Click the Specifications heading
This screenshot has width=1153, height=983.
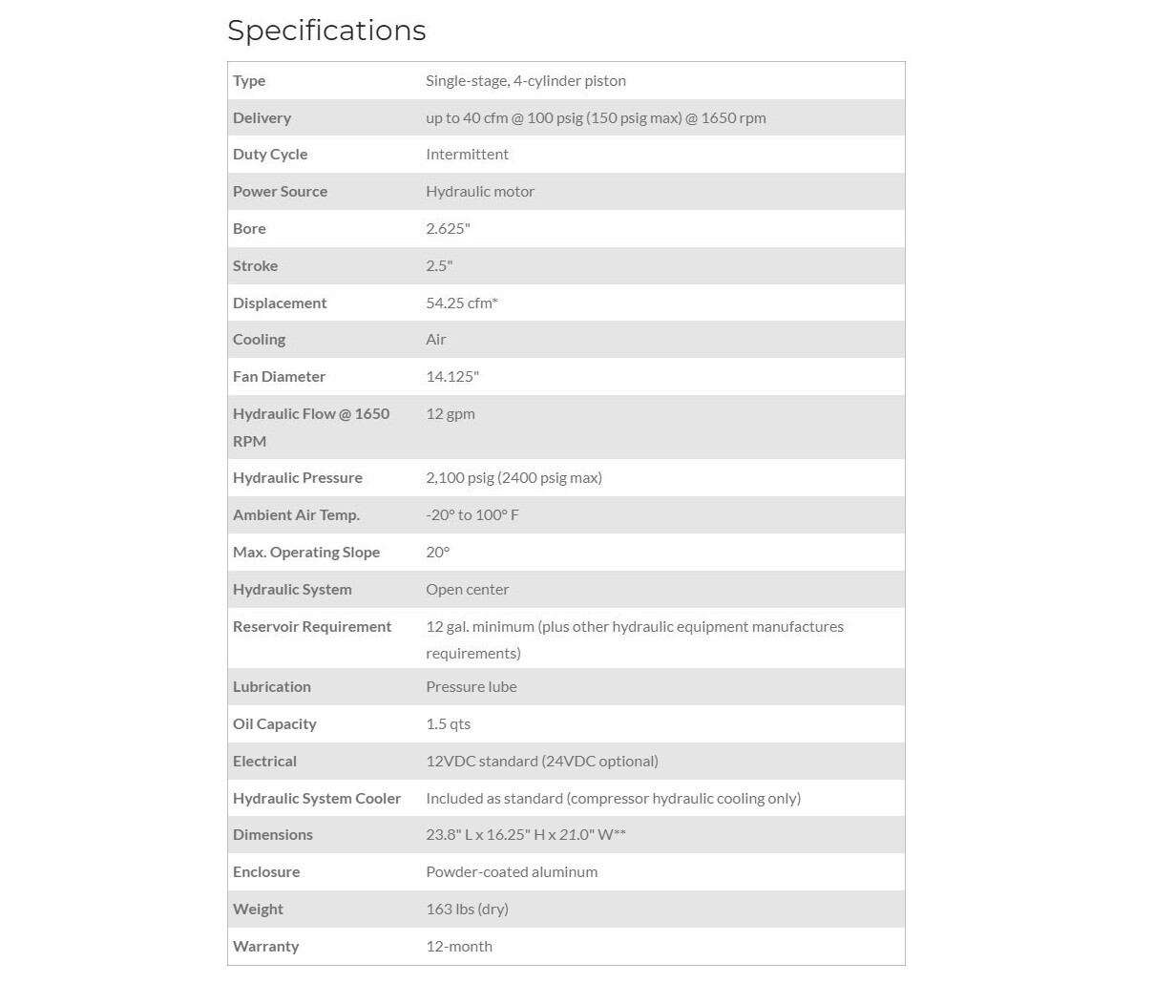[x=326, y=31]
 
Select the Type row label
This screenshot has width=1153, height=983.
[x=249, y=81]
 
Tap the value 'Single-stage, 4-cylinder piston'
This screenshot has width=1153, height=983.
[x=526, y=81]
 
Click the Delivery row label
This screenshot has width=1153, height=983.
[x=262, y=118]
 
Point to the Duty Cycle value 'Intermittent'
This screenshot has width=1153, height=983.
[x=467, y=155]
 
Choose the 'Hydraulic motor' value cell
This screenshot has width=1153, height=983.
[x=480, y=192]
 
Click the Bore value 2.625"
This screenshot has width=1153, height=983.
[x=448, y=229]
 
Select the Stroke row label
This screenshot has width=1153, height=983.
[x=255, y=266]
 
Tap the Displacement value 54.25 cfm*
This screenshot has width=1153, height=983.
[x=462, y=303]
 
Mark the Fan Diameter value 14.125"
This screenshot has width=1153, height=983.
[x=452, y=377]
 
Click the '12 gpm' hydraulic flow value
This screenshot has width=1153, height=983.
[x=451, y=414]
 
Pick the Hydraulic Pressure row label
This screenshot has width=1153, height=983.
[x=298, y=478]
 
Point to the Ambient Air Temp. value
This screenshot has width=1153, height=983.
[x=472, y=515]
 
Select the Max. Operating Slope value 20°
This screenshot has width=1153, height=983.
[x=437, y=553]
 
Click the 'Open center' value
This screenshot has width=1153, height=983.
[x=468, y=590]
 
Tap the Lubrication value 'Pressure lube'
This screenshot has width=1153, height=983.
[x=472, y=687]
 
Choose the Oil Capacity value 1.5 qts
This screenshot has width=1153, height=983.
[x=449, y=724]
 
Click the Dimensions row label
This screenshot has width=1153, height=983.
[x=273, y=835]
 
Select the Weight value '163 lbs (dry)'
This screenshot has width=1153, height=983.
[x=467, y=910]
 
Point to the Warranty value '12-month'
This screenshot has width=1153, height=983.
[x=459, y=947]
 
